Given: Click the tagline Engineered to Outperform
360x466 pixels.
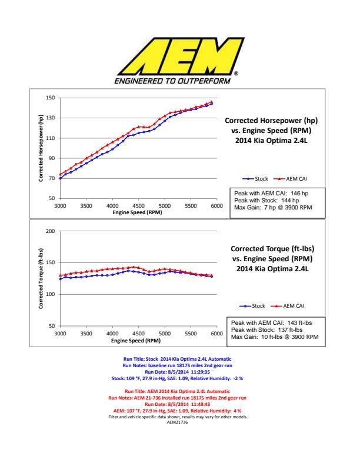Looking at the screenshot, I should point(172,81).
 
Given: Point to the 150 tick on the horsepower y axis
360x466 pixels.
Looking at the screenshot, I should point(50,98).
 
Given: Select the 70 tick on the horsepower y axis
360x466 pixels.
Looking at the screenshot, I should point(52,178).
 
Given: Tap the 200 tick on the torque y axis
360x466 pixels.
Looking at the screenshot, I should point(50,231).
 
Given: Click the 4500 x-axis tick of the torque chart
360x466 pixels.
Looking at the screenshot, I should point(138,334).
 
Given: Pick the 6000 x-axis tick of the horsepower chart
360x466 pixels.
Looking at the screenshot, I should point(216,206).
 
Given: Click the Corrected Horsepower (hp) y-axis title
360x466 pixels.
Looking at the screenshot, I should point(41,148).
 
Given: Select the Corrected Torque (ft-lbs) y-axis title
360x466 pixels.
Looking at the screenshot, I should point(41,278).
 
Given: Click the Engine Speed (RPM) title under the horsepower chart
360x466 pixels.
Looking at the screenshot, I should point(137,212).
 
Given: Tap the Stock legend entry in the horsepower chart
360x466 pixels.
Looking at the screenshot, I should point(256,179).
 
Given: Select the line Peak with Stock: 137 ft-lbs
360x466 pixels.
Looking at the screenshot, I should point(270,330).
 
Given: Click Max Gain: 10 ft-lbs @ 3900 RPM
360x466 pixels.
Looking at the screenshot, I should point(275,337).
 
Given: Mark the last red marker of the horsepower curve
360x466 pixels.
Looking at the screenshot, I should point(212,102).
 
